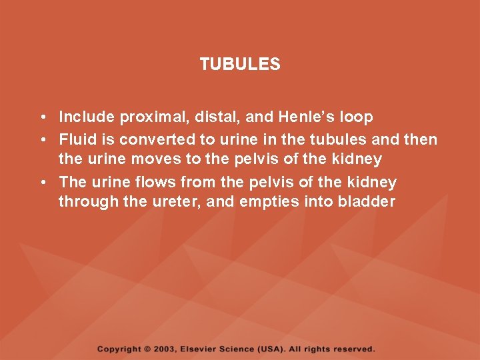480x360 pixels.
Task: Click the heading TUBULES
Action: coord(240,65)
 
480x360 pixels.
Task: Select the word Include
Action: coord(87,117)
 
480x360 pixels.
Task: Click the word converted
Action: coord(143,139)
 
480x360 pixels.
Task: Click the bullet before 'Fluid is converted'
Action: coord(42,140)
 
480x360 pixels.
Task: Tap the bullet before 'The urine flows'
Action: coord(42,183)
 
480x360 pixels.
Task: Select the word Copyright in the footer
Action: coord(119,349)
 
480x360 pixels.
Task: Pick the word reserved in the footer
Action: coord(354,349)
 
